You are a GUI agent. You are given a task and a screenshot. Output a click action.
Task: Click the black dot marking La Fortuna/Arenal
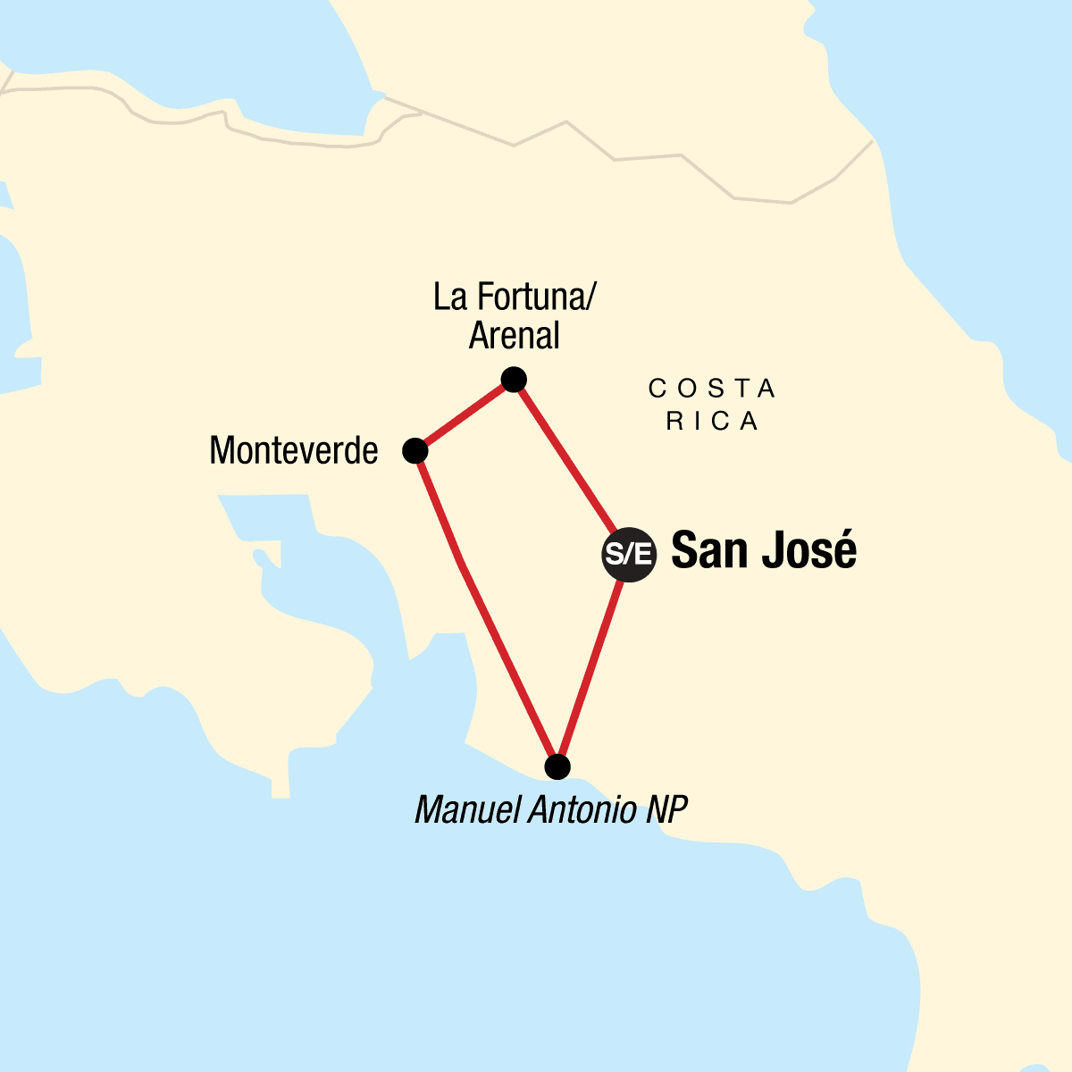click(513, 381)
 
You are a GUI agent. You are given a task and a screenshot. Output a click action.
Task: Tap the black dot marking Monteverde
click(415, 451)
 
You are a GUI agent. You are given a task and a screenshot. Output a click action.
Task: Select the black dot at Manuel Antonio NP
click(557, 767)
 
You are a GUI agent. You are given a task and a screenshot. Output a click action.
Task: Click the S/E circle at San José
click(629, 555)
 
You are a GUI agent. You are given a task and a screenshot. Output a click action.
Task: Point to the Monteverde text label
click(293, 451)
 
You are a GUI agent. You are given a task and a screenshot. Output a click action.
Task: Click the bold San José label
click(763, 550)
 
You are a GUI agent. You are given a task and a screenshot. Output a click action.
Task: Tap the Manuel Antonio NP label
click(551, 810)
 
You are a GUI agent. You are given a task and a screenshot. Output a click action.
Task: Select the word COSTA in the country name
click(712, 389)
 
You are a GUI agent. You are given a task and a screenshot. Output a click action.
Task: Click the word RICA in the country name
click(712, 421)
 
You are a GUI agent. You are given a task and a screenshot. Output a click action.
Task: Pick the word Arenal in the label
click(515, 336)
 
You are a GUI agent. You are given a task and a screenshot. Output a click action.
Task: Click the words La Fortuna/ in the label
click(514, 297)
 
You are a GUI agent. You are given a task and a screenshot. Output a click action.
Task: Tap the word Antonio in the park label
click(585, 810)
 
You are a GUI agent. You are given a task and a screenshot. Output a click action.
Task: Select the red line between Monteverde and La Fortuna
click(464, 416)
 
